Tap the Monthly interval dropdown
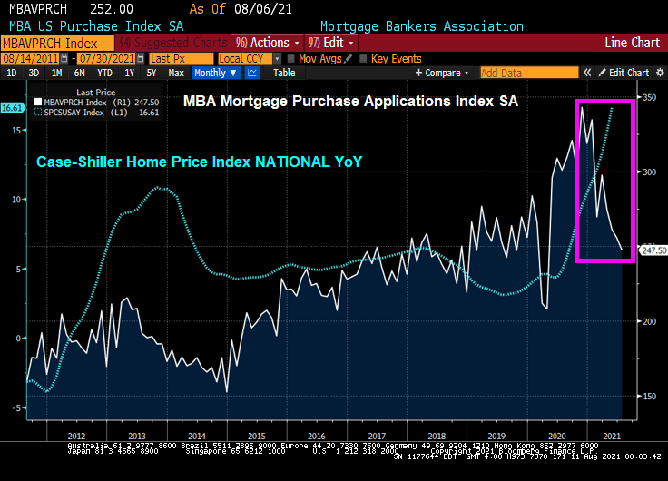pyautogui.click(x=215, y=73)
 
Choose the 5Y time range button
pyautogui.click(x=151, y=73)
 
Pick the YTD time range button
pyautogui.click(x=104, y=73)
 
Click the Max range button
pyautogui.click(x=176, y=73)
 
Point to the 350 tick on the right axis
pyautogui.click(x=650, y=97)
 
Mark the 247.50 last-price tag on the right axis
pyautogui.click(x=653, y=250)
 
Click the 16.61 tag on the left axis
pyautogui.click(x=12, y=108)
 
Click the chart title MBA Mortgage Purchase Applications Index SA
pyautogui.click(x=350, y=103)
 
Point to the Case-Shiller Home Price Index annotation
pyautogui.click(x=199, y=162)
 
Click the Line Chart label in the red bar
pyautogui.click(x=632, y=43)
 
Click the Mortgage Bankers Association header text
pyautogui.click(x=421, y=26)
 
